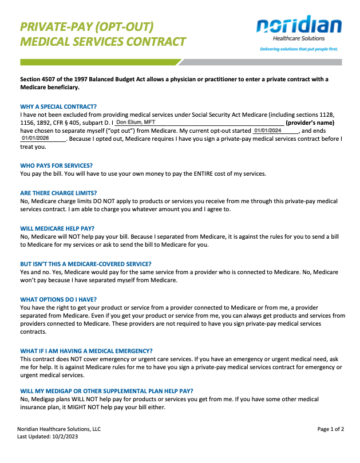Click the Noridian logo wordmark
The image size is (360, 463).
click(x=299, y=26)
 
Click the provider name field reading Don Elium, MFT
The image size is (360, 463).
click(x=135, y=122)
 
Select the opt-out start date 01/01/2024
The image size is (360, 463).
click(x=268, y=130)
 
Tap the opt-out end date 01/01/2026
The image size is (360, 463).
click(x=35, y=138)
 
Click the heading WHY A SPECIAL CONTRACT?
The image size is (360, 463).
click(x=58, y=106)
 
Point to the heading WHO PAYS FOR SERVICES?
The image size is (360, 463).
click(x=56, y=165)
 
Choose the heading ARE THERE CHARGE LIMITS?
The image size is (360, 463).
click(x=58, y=193)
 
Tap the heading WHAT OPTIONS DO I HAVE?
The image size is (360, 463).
click(x=58, y=299)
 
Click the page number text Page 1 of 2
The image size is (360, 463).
click(x=330, y=429)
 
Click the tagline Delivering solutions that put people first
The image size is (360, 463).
click(x=299, y=49)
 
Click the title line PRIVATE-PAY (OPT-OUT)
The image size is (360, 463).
click(x=87, y=26)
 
